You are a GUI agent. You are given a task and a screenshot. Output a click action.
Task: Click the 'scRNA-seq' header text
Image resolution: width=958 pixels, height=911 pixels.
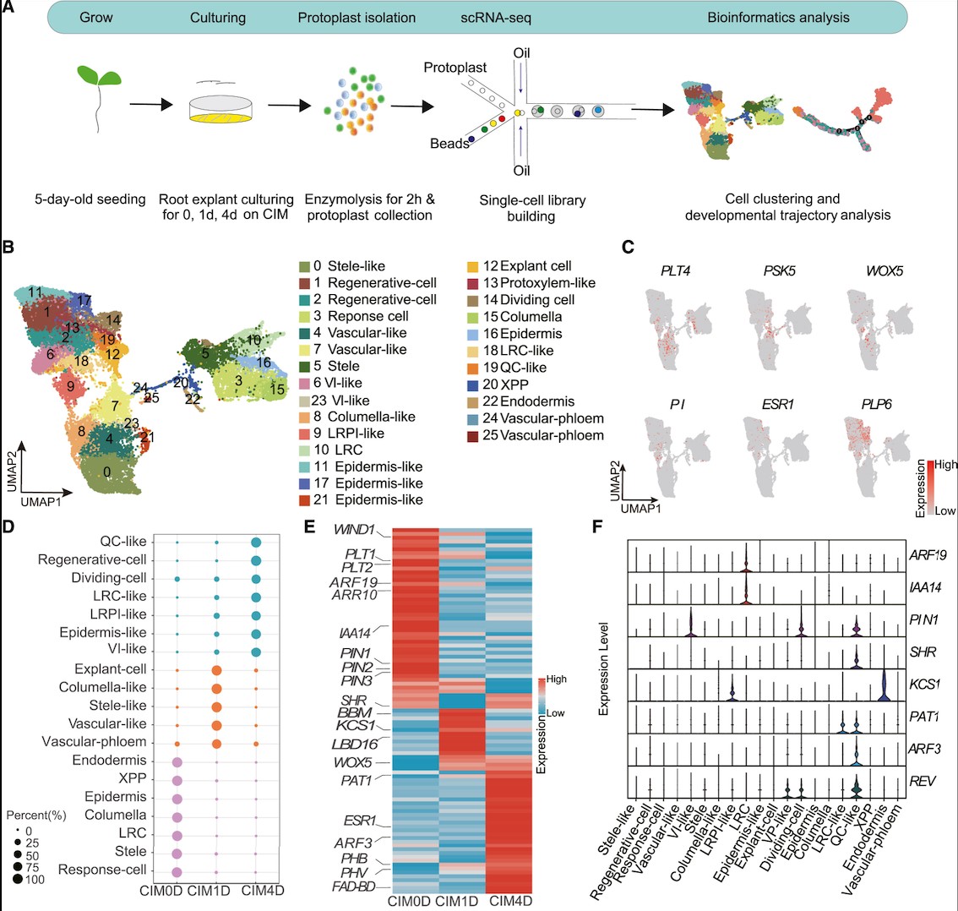[x=496, y=17]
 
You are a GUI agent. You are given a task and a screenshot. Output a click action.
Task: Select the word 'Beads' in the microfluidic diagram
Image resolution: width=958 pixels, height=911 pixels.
[x=449, y=144]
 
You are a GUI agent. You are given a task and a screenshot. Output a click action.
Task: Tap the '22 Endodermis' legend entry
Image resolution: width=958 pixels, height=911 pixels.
[x=528, y=401]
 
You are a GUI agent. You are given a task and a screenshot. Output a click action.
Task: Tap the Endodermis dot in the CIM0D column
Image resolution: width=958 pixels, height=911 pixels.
[x=177, y=761]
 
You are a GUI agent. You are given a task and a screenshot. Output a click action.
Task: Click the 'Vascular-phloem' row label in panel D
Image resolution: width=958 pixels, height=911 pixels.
[x=94, y=742]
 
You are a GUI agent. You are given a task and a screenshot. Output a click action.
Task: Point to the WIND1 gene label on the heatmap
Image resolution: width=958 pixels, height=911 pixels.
[x=353, y=530]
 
